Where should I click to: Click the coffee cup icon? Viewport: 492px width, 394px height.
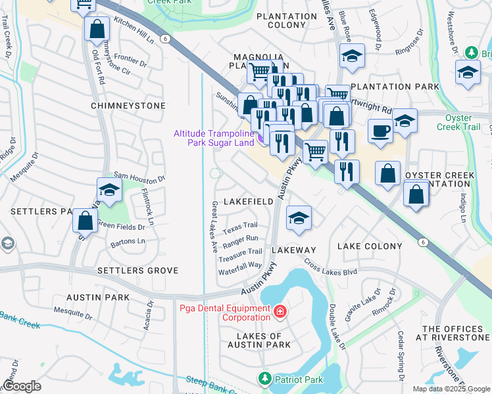pyautogui.click(x=380, y=130)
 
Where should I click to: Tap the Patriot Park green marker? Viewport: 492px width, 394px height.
pyautogui.click(x=264, y=378)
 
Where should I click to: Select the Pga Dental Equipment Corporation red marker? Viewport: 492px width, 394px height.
pyautogui.click(x=280, y=311)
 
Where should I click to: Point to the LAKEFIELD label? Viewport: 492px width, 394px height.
pyautogui.click(x=249, y=202)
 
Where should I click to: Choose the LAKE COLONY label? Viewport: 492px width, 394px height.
pyautogui.click(x=369, y=246)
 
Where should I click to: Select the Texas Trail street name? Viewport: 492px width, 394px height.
pyautogui.click(x=240, y=228)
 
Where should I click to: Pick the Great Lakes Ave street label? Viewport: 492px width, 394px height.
pyautogui.click(x=214, y=227)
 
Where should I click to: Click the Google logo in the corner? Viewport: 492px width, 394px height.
pyautogui.click(x=22, y=386)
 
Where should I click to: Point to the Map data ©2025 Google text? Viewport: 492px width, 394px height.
pyautogui.click(x=450, y=389)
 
